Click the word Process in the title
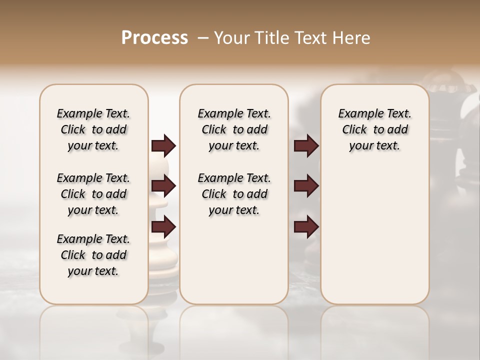pos(154,37)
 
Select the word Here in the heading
pos(352,37)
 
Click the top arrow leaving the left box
pos(163,145)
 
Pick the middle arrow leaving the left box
pos(163,186)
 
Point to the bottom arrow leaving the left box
pos(163,227)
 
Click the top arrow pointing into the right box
pos(306,145)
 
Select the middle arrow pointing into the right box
pos(306,186)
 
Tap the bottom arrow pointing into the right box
pos(306,227)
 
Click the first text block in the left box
pos(93,129)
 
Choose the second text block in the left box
pos(93,194)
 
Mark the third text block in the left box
pos(93,255)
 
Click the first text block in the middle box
pos(234,129)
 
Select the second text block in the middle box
pos(234,194)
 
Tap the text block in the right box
pos(374,129)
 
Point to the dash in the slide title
pos(203,37)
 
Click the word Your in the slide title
pos(231,37)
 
